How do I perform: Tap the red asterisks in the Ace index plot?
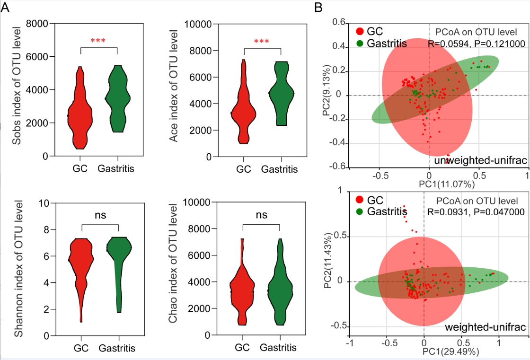tap(262, 42)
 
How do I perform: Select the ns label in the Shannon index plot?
tap(99, 216)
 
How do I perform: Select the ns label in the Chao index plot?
tap(262, 215)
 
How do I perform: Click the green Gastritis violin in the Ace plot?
tap(280, 90)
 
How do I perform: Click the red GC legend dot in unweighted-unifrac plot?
tap(360, 32)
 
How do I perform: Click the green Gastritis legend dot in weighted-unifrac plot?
tap(360, 211)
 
